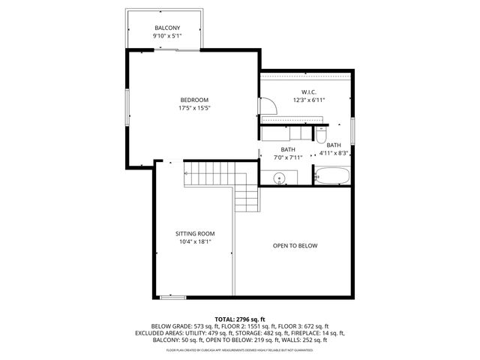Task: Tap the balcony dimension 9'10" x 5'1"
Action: click(x=167, y=35)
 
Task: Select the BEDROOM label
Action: click(x=193, y=100)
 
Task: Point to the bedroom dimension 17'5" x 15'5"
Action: click(x=193, y=108)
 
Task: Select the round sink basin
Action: click(x=279, y=178)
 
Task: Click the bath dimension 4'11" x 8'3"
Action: click(x=334, y=153)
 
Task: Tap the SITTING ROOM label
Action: click(x=195, y=233)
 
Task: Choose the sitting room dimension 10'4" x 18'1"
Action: click(x=195, y=241)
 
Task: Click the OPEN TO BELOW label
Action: click(x=295, y=245)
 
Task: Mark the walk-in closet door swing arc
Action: click(x=270, y=107)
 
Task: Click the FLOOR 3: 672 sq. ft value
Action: click(x=305, y=326)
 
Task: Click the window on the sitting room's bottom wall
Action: click(x=173, y=298)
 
